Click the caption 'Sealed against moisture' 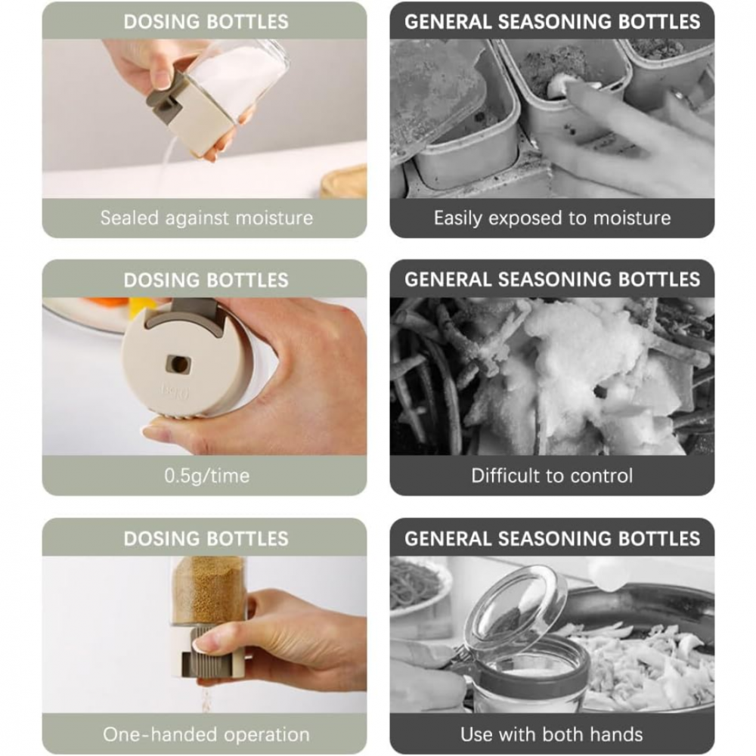(206, 218)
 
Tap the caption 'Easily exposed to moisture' (552, 218)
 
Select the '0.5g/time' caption (207, 476)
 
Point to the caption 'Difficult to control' (552, 476)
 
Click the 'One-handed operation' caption (206, 734)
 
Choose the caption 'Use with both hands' (552, 734)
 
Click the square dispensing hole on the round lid (178, 364)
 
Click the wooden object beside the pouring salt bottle (344, 181)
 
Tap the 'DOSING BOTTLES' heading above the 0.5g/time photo (206, 280)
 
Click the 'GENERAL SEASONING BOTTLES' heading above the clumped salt (552, 279)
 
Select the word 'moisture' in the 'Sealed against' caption (274, 218)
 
